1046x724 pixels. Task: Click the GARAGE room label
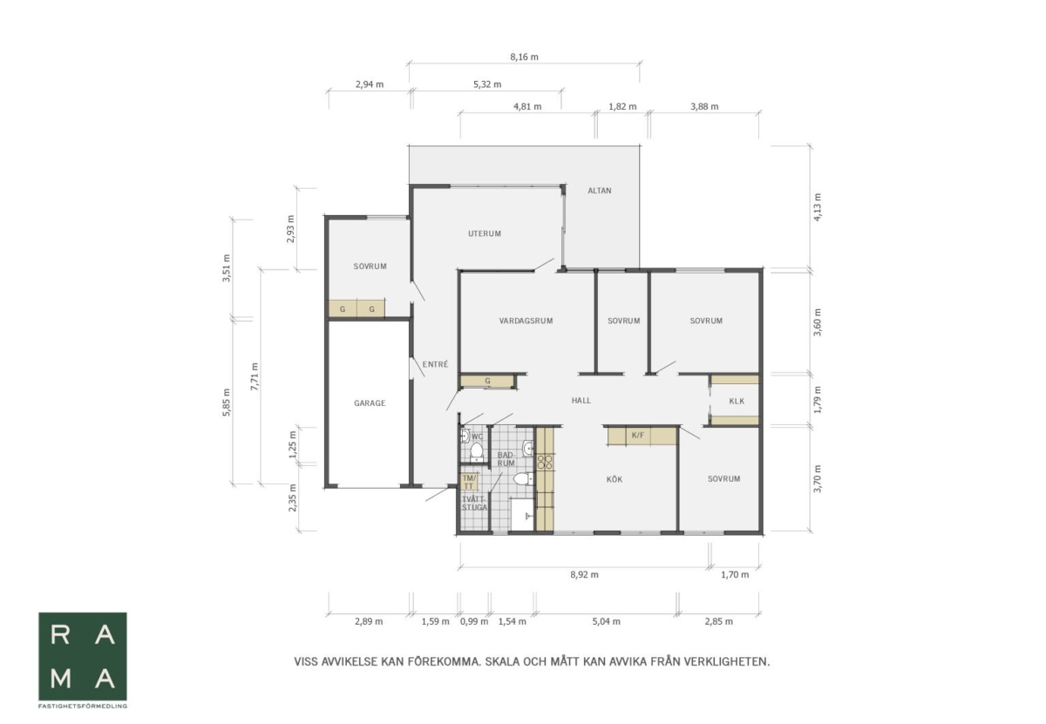(370, 403)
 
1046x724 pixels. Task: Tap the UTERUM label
(485, 233)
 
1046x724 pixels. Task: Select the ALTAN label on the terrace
(599, 191)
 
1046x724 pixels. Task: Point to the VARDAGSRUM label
(526, 321)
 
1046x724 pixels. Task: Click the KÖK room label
(614, 479)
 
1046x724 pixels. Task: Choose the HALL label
(581, 400)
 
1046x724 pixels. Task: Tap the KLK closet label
(737, 401)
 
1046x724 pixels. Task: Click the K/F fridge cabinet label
(637, 435)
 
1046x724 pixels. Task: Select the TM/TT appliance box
(469, 482)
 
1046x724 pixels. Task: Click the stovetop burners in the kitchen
(545, 462)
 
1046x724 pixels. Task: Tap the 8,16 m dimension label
(524, 57)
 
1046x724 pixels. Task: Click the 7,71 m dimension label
(255, 376)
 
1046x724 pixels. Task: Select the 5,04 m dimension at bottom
(606, 621)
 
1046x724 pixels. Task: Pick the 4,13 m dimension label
(818, 206)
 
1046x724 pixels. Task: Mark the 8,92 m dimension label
(584, 574)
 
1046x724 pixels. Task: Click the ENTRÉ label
(435, 364)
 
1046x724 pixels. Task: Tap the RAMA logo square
(83, 656)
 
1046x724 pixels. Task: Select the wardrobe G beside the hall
(487, 381)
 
